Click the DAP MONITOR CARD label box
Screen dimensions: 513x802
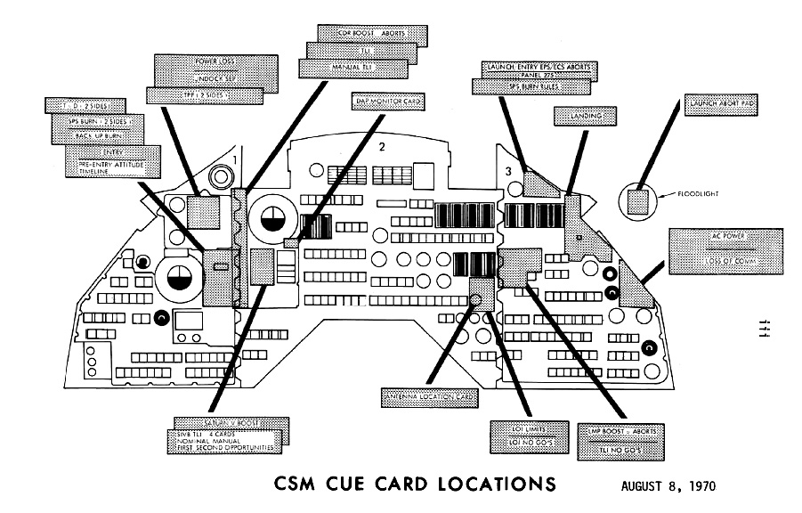coord(387,102)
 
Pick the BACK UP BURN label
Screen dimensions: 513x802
coord(99,136)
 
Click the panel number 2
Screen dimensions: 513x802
coord(382,148)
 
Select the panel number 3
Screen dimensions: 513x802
coord(507,169)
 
